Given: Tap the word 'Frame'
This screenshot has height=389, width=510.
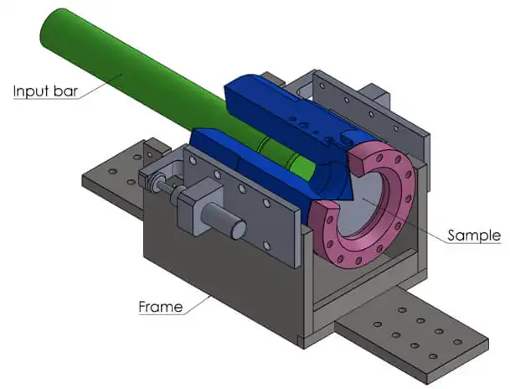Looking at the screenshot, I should coord(160,307).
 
